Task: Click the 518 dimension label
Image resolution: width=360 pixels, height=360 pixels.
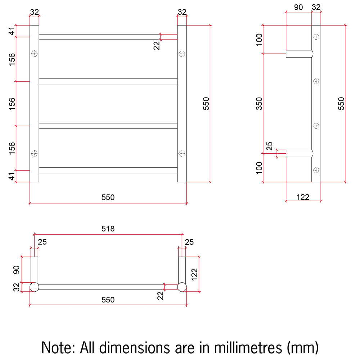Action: [108, 229]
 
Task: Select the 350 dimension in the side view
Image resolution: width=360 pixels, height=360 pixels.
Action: [259, 104]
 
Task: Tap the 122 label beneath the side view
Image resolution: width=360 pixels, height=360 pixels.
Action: [303, 197]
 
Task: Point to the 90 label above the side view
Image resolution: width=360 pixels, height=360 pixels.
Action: [298, 7]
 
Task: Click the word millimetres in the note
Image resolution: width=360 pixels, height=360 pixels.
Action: [248, 347]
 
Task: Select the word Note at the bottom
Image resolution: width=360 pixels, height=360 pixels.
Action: [58, 347]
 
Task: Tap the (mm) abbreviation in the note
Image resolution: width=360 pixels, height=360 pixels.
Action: [303, 348]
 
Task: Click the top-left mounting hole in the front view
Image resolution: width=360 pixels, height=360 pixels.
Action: [34, 54]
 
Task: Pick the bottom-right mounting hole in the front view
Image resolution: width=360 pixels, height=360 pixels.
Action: [182, 153]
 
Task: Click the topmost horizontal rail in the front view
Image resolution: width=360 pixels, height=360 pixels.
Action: [108, 37]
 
